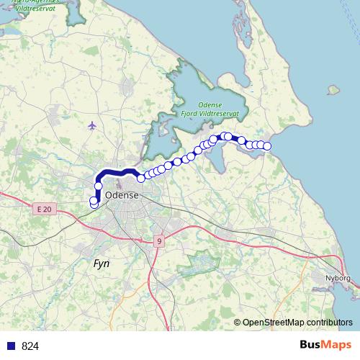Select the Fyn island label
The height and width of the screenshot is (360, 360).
pos(102,264)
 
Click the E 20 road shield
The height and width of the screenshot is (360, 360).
pos(43,209)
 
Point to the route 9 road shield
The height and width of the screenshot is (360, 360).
pos(158,242)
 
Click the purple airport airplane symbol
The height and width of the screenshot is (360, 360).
pos(91,126)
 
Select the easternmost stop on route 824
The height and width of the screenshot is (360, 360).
pos(267,146)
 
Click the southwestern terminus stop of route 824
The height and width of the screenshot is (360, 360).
pos(94,204)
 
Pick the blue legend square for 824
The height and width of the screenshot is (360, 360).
pos(10,346)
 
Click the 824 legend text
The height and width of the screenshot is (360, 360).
pos(30,346)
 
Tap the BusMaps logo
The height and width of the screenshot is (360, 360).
pos(324,346)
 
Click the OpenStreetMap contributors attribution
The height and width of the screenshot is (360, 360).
pos(297,322)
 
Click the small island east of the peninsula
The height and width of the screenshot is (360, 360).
pos(333,91)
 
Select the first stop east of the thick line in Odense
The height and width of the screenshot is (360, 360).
pos(141,178)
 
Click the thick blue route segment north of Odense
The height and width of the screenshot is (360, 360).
pos(115,171)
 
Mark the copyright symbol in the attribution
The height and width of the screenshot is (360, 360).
pos(238,322)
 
